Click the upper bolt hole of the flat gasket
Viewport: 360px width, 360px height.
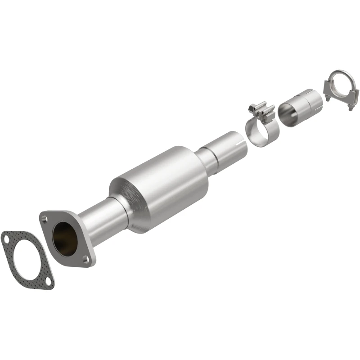[x=6, y=236]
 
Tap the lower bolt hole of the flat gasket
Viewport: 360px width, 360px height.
[x=47, y=282]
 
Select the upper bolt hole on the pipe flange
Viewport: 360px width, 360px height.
[x=44, y=219]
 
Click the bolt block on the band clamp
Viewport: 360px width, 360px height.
[x=261, y=110]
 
